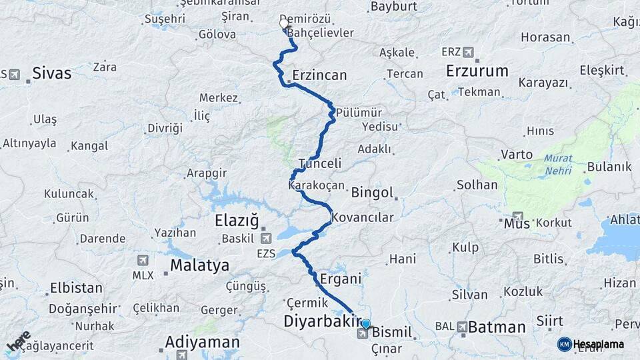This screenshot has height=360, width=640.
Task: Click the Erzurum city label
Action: (477, 71)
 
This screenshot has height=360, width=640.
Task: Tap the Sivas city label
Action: (51, 73)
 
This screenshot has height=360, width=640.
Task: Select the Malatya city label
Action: (199, 265)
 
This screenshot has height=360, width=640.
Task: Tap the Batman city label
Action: (496, 327)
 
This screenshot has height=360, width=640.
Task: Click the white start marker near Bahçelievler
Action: (284, 25)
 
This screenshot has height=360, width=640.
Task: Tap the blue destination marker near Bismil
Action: (365, 325)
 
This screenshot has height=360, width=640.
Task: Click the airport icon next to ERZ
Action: (468, 52)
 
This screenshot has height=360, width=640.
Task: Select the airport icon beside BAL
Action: (462, 327)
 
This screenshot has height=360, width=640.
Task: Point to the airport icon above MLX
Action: (142, 260)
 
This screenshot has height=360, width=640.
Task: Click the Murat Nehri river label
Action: (557, 165)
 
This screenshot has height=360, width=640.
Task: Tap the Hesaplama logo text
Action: (599, 344)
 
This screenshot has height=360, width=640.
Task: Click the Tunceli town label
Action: (320, 163)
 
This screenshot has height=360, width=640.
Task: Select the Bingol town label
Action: (373, 193)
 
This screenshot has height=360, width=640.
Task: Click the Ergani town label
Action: (340, 279)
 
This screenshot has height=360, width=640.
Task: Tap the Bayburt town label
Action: (393, 7)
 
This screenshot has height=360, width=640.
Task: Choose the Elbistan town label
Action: (76, 289)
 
